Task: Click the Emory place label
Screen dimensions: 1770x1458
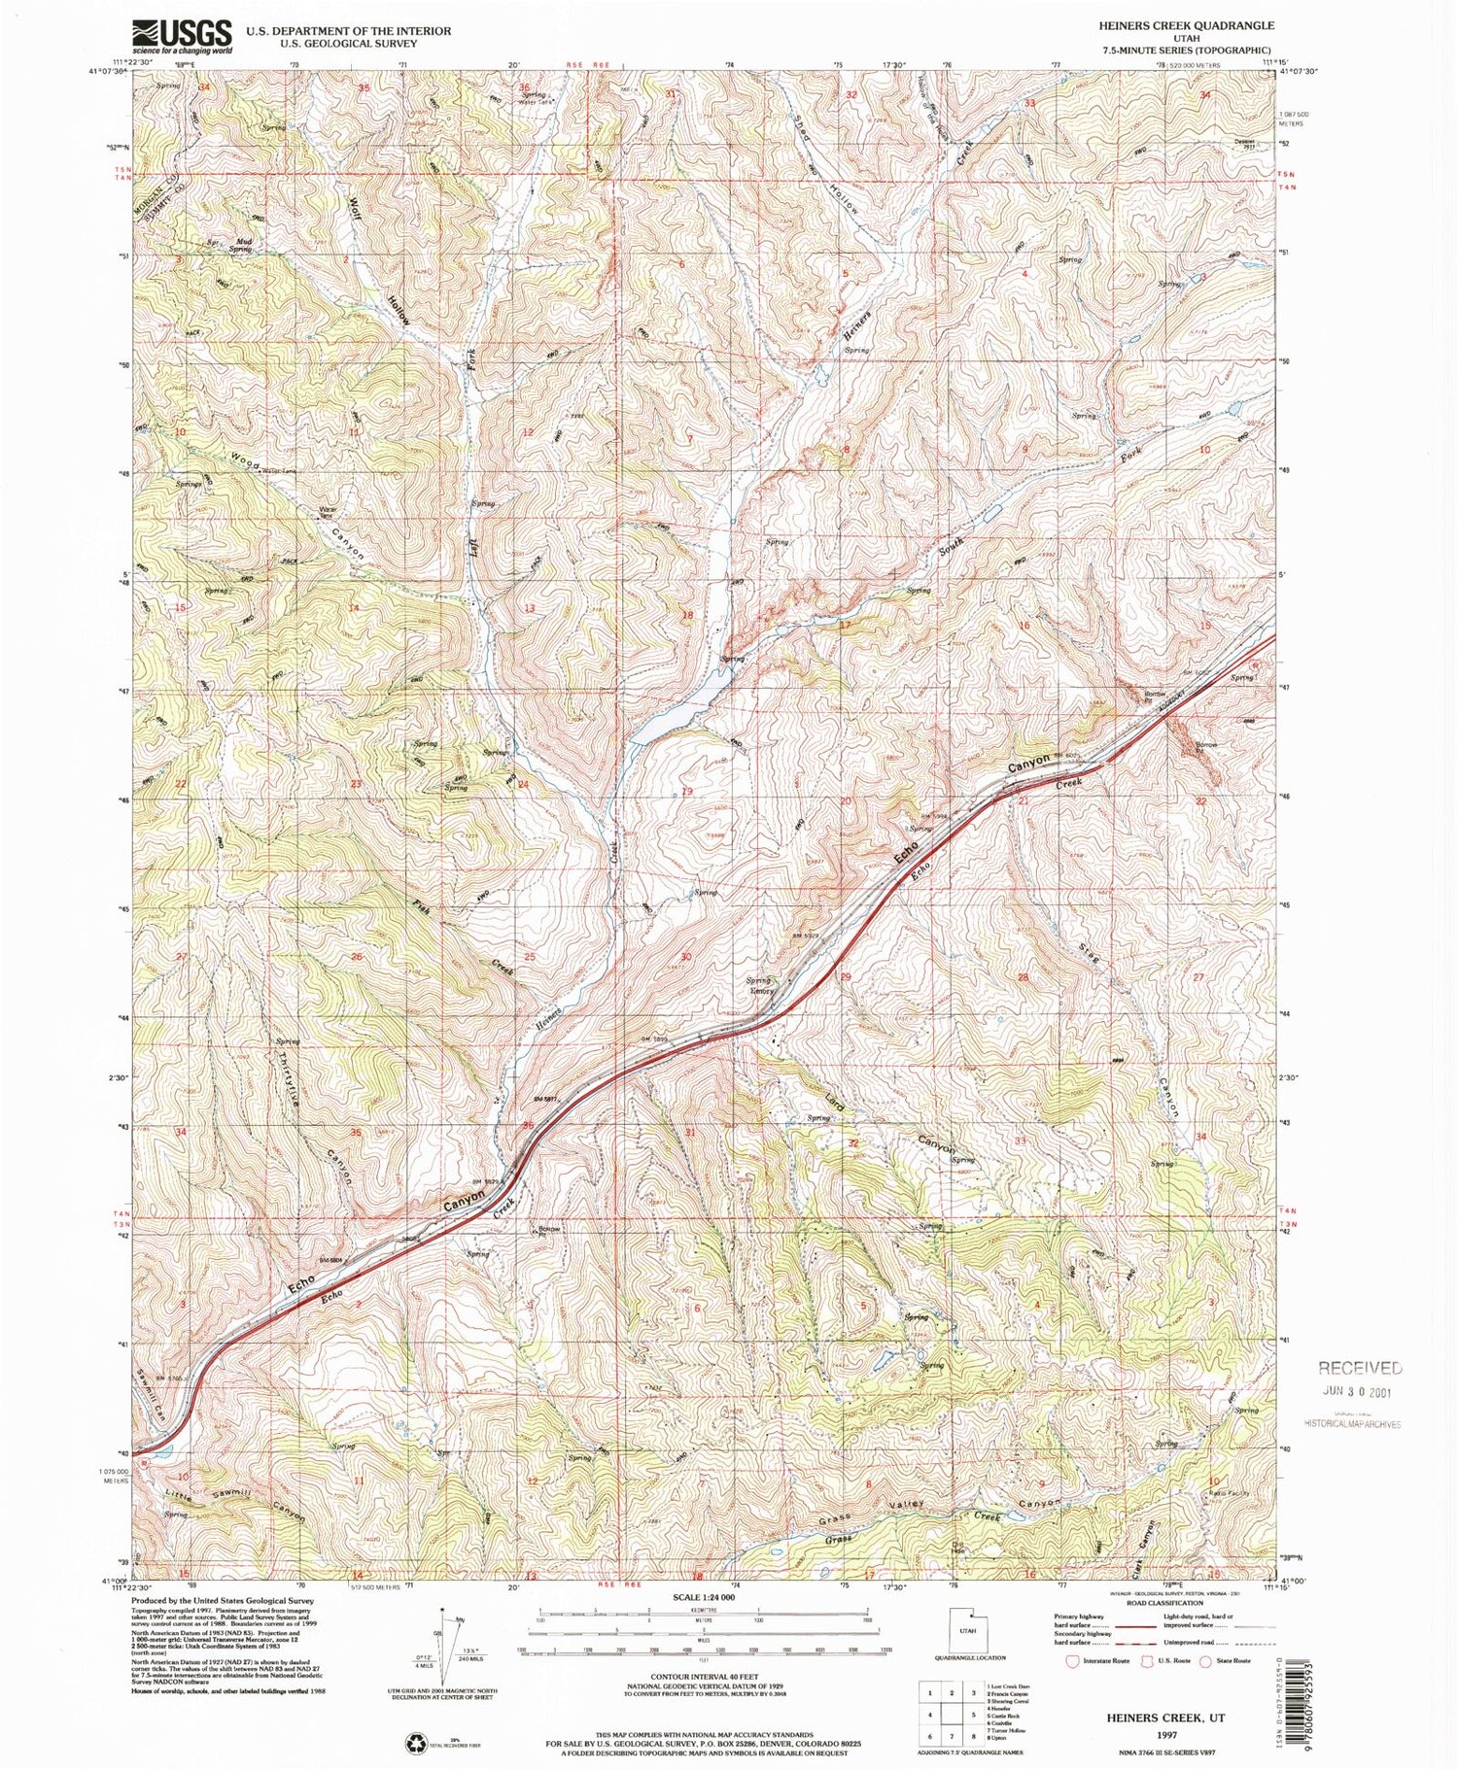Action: coord(761,991)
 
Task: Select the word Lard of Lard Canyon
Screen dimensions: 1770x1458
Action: coord(834,1103)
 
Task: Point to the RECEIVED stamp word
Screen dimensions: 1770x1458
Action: coord(1360,1368)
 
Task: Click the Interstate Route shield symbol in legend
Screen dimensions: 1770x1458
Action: coord(1072,1661)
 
